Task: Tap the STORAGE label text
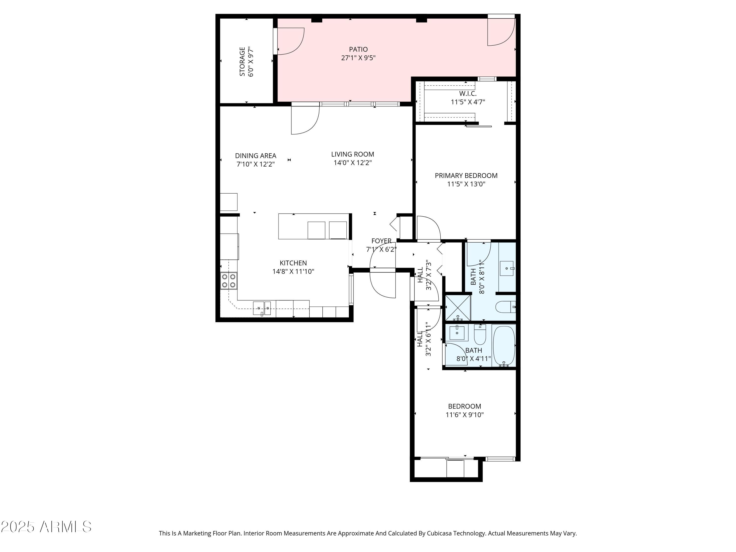(x=242, y=62)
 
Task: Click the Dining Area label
(x=256, y=156)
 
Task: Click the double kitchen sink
(x=262, y=308)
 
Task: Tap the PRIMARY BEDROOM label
(x=466, y=176)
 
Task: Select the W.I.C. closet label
(x=468, y=94)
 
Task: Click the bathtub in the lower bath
(x=504, y=346)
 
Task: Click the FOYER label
(x=381, y=241)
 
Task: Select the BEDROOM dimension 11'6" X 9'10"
(x=464, y=415)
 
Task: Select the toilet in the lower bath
(x=480, y=334)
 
